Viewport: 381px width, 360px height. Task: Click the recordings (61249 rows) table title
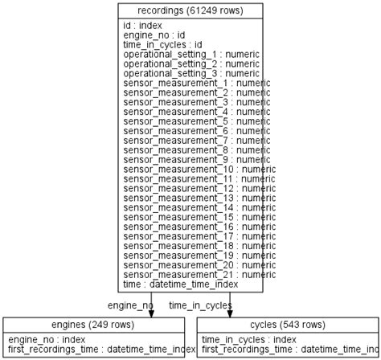[190, 10]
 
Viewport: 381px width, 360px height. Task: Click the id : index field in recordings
[142, 26]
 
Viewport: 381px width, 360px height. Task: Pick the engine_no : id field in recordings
[154, 35]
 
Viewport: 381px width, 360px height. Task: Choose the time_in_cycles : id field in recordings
[162, 45]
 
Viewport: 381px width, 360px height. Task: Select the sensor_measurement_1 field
[196, 83]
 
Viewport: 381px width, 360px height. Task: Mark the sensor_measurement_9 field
[196, 159]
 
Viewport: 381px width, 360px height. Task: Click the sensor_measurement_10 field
[199, 169]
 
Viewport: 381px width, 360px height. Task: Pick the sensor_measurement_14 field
[199, 207]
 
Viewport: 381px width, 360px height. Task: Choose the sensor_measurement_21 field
[199, 275]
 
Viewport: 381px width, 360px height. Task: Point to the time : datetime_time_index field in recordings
[180, 284]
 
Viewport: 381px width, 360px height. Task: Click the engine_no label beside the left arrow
[130, 305]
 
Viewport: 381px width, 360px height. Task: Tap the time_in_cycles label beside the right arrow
[200, 305]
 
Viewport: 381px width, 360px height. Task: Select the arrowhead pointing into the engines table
[151, 313]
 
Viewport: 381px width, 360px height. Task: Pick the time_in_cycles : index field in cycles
[248, 340]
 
